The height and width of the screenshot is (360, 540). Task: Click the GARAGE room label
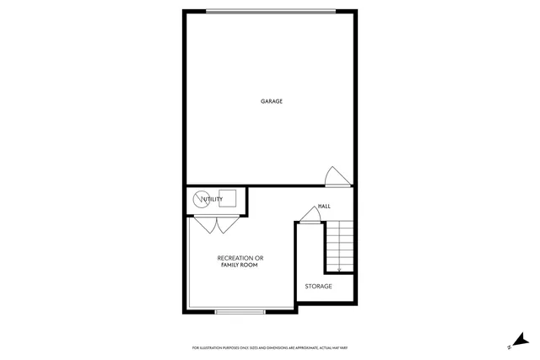271,101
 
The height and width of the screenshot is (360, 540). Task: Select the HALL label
324,207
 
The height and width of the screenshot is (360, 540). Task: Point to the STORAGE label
319,286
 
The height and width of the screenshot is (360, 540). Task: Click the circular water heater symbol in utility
201,200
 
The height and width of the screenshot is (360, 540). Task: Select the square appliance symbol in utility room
227,199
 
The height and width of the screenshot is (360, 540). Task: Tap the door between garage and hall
336,176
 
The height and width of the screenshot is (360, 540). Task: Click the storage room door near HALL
310,216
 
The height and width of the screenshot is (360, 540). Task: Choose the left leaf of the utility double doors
204,225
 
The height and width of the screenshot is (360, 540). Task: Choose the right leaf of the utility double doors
225,225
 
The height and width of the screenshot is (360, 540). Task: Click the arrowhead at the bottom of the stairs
338,270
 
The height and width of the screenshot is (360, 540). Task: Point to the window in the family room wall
240,311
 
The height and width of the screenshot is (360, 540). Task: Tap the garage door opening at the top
271,11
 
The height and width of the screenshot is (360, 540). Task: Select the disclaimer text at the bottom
271,347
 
